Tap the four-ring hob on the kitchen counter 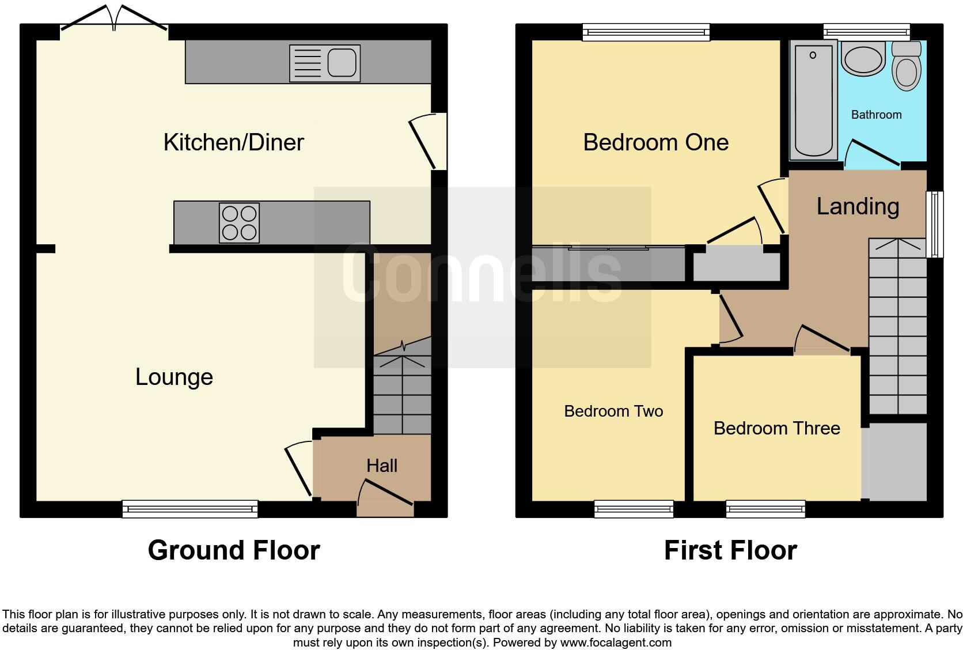pos(239,223)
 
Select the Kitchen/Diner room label pos(233,142)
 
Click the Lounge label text pos(174,377)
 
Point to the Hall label pos(382,466)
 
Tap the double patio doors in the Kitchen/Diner pos(114,17)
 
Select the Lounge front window pos(190,509)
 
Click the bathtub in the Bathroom pos(813,101)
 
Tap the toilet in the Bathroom pos(906,66)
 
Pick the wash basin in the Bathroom pos(862,59)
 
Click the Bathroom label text pos(876,115)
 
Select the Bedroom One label pos(655,142)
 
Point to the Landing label pos(858,206)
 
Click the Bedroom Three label pos(776,428)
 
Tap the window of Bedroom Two pos(634,509)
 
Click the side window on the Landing pos(934,224)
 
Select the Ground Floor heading pos(233,550)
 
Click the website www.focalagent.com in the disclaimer pos(615,642)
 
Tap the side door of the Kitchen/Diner pos(429,141)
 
